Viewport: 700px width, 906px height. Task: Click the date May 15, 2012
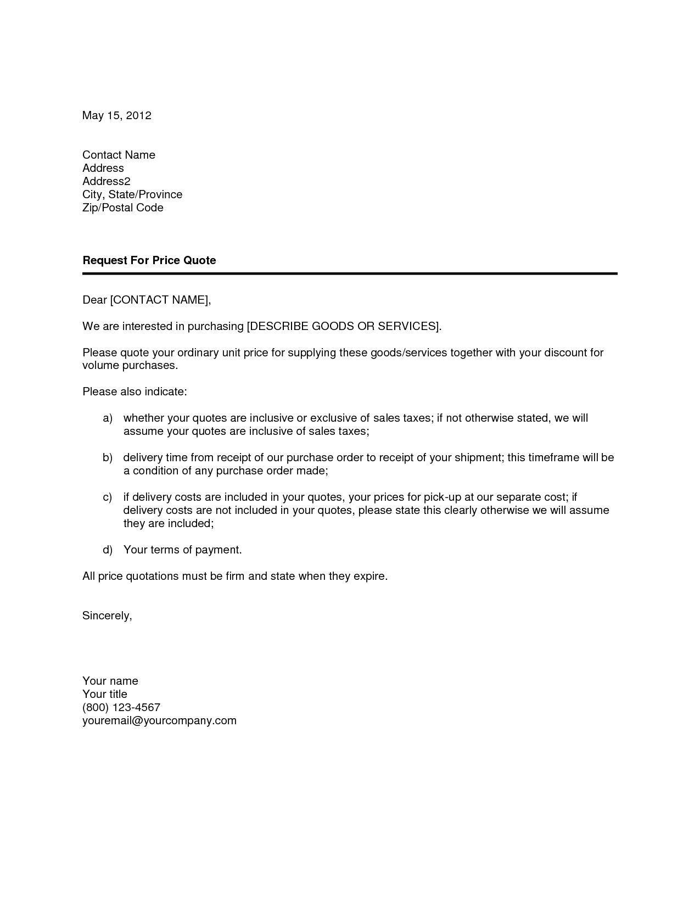click(116, 115)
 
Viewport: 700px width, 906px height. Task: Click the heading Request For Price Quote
click(149, 260)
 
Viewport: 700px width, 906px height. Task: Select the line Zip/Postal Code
click(122, 208)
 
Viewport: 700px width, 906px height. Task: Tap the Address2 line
click(106, 181)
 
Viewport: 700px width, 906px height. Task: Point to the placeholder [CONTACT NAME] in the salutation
click(159, 300)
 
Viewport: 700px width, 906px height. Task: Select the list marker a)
click(108, 418)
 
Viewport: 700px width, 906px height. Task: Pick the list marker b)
click(108, 458)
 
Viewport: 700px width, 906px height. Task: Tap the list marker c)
click(108, 497)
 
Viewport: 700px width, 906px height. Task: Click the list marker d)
click(108, 550)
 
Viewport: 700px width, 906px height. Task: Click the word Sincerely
click(107, 616)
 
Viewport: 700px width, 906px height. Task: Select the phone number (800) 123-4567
click(121, 707)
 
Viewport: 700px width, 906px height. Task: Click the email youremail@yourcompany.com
click(159, 720)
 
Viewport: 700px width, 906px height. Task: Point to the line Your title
click(104, 694)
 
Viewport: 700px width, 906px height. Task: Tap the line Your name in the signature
click(110, 681)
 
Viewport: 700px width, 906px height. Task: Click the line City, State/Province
click(132, 194)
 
